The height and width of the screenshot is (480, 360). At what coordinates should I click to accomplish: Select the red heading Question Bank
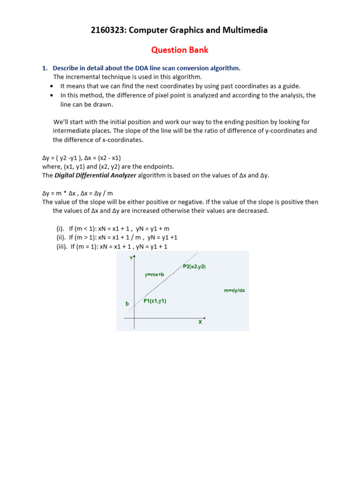tap(179, 50)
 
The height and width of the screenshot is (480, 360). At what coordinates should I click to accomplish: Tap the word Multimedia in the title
tap(245, 30)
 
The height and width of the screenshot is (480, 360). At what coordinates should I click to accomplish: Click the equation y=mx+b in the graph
tap(154, 274)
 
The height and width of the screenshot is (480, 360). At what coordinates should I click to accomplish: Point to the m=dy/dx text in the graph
tap(234, 291)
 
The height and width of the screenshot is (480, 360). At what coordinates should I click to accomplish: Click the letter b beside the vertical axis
tap(127, 304)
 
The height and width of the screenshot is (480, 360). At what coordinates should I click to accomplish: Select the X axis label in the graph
tap(200, 322)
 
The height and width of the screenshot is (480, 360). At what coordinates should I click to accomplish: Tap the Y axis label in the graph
tap(131, 257)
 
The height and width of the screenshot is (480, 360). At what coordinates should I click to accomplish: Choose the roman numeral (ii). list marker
tap(61, 238)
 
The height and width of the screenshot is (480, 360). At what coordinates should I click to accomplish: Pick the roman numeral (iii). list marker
tap(62, 247)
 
